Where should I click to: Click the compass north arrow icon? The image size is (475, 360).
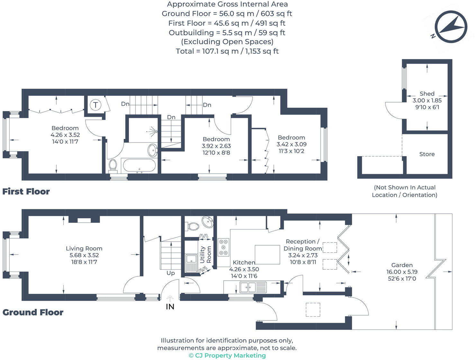[451, 27]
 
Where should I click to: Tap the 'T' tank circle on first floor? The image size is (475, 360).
[95, 105]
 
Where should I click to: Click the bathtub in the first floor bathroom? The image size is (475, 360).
[139, 166]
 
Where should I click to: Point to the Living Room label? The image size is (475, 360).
[84, 248]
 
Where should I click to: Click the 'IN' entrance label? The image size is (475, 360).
[170, 307]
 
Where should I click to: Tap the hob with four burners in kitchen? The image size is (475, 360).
[223, 247]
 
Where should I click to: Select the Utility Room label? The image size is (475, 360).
[205, 255]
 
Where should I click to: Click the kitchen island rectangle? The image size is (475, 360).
[267, 255]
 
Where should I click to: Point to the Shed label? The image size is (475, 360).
[427, 94]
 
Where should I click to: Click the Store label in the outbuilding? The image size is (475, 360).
[427, 154]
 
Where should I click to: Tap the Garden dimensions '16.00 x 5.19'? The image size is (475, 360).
[402, 272]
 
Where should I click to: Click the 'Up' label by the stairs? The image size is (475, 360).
[170, 273]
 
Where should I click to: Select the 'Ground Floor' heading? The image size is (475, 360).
[33, 312]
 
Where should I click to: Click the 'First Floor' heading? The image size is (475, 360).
[26, 192]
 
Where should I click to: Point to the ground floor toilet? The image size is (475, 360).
[193, 226]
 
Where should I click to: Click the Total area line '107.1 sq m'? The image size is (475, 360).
[227, 51]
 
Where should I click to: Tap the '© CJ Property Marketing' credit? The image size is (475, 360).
[227, 355]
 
